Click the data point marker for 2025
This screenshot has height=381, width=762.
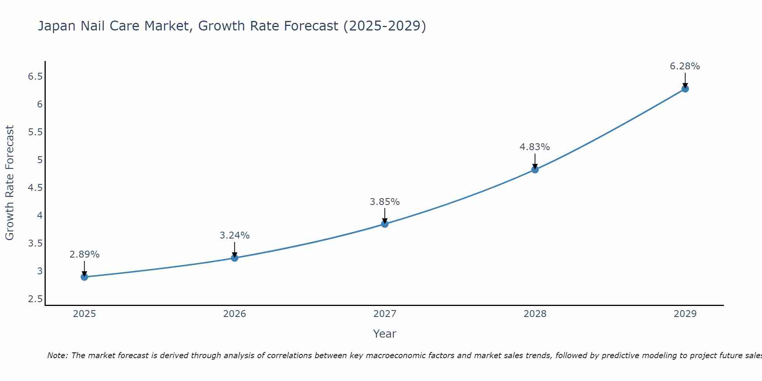coord(84,277)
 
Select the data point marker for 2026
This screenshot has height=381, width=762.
coord(235,258)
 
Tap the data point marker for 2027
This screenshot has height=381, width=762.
coord(385,224)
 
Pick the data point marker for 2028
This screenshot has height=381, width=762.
coord(535,170)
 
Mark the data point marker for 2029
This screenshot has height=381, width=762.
coord(685,89)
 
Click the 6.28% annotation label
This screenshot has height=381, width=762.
coord(685,66)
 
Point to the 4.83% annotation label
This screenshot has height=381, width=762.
coord(535,147)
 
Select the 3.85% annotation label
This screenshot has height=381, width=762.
coord(384,202)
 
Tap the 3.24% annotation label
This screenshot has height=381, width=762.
coord(234,235)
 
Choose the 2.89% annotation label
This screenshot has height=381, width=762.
coord(84,255)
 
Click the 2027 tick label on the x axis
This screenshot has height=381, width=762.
coord(385,314)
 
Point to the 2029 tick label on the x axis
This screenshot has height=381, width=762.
coord(685,314)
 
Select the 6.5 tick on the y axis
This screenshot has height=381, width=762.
coord(35,77)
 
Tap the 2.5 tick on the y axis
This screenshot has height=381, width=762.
coord(35,299)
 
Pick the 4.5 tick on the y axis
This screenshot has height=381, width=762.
coord(35,188)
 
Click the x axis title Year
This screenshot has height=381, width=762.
coord(385,334)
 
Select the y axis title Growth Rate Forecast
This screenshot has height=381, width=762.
coord(10,183)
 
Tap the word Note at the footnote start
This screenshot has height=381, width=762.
coord(57,355)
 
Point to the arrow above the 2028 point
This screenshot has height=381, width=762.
coord(535,161)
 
